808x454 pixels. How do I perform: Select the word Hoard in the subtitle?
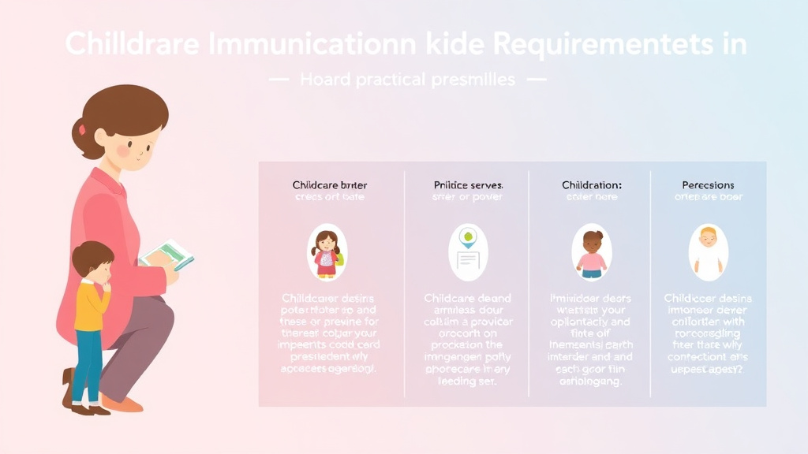coord(324,80)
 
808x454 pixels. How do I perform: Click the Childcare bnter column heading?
coord(329,185)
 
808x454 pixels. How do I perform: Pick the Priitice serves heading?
coord(468,185)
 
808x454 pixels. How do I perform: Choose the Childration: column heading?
coord(592,185)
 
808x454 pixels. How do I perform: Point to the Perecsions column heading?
coord(708,185)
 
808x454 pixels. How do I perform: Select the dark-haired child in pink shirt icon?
coord(592,252)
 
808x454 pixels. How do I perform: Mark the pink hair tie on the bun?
coord(81,128)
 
